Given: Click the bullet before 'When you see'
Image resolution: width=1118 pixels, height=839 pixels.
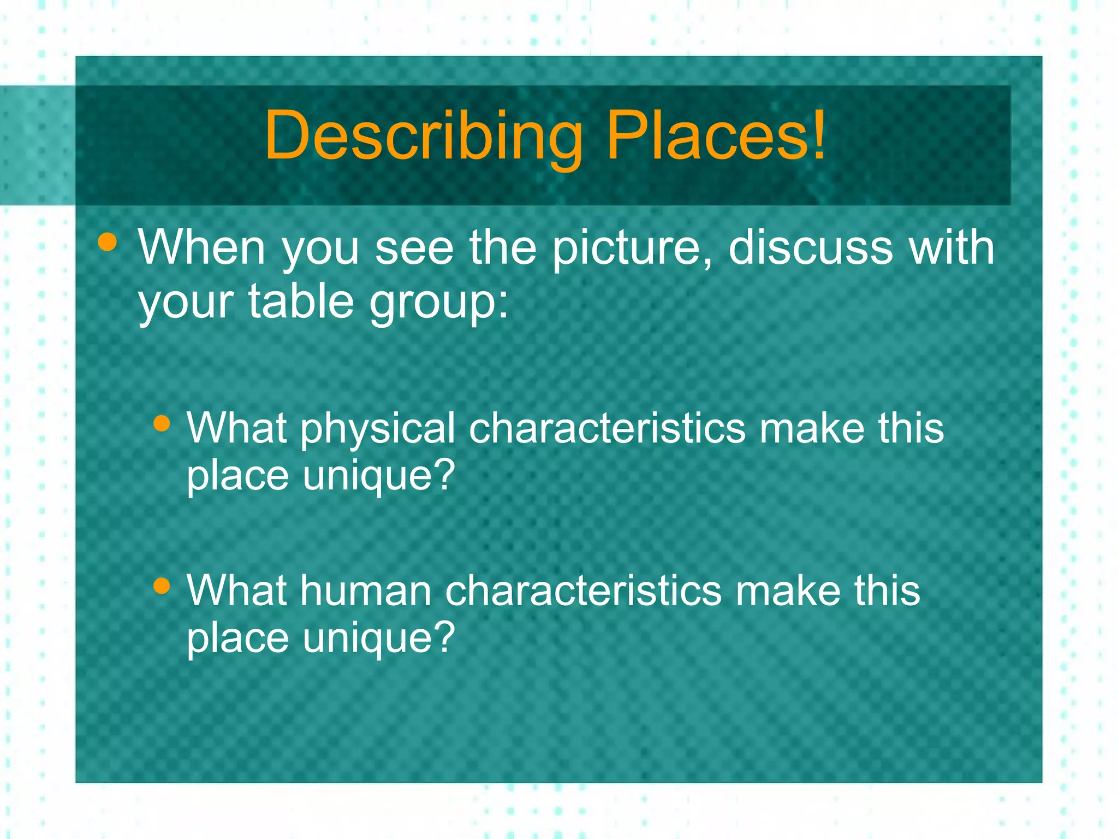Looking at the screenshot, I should pos(108,242).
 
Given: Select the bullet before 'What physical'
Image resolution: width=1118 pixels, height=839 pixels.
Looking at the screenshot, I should pos(162,423).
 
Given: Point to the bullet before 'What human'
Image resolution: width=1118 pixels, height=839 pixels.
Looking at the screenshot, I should pos(162,586).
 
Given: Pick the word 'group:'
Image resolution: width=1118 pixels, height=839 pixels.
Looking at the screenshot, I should pos(439,304).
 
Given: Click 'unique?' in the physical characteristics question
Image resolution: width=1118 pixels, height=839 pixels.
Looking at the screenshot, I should pos(379,476).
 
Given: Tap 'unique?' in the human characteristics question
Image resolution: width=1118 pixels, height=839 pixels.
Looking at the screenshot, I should pos(379,638).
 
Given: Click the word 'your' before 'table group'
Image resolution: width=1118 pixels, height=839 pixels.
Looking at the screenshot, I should pos(186,304).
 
